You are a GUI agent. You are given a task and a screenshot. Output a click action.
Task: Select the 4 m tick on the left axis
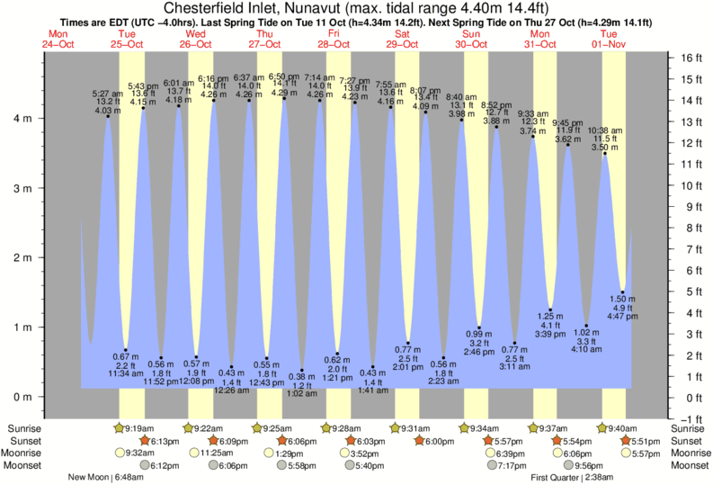(x=27, y=119)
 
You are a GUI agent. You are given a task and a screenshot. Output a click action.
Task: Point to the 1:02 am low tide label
(x=301, y=393)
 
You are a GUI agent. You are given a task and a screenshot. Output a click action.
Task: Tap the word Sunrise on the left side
(x=23, y=428)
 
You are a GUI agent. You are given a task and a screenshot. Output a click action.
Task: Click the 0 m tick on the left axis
(x=27, y=397)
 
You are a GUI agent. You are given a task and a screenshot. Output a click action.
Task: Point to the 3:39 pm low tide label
(x=550, y=333)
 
